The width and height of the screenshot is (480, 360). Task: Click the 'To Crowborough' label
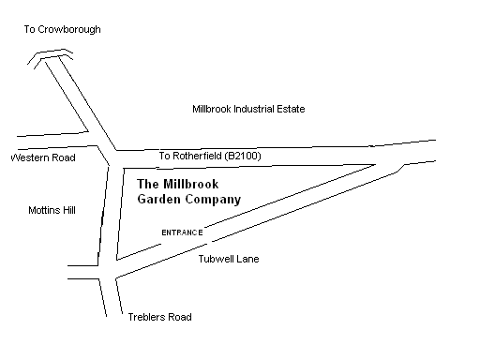(x=63, y=30)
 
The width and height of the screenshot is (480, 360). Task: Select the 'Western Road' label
(x=43, y=158)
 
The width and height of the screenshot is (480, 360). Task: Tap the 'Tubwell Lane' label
(x=229, y=259)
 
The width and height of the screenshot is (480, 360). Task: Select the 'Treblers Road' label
(x=158, y=317)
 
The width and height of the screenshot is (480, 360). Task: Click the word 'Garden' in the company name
(x=160, y=200)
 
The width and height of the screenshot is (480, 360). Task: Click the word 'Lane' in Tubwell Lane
(x=247, y=259)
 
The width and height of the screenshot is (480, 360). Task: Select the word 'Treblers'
(x=145, y=317)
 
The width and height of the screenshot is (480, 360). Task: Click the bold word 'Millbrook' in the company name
(x=190, y=184)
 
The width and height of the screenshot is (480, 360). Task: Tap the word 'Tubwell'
(x=217, y=259)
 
